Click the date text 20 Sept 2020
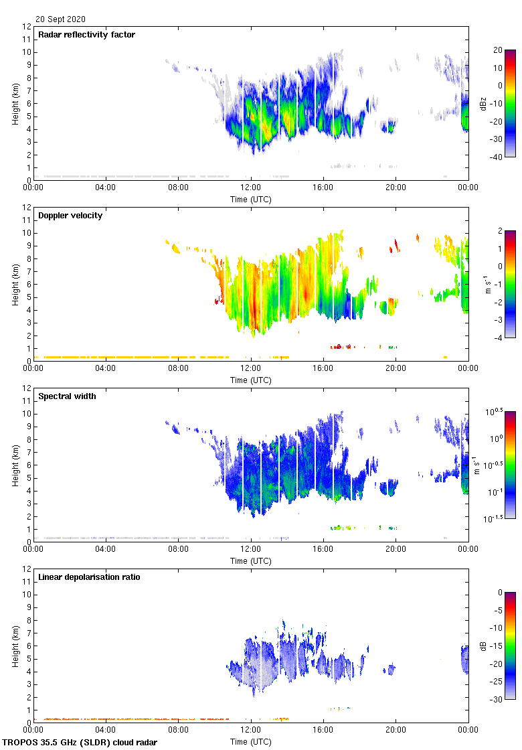60,19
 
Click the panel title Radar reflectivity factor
86,35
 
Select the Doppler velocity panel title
70,216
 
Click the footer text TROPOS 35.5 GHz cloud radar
80,742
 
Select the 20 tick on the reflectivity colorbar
497,50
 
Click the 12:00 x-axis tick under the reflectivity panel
251,187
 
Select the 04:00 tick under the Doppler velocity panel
106,368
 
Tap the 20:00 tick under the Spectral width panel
396,549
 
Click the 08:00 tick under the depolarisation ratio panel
178,730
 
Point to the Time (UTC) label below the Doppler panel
251,380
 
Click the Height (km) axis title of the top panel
15,103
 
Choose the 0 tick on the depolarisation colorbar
499,593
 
